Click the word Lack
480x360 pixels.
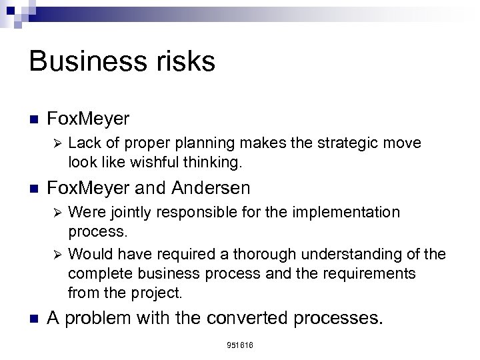coord(83,144)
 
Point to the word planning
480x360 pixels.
coord(187,144)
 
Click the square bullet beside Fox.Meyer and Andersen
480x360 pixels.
coord(35,187)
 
